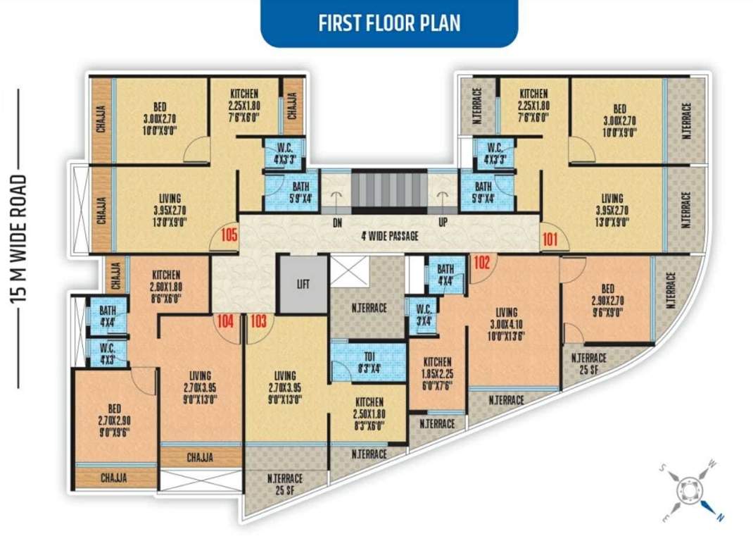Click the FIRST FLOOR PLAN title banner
tap(389, 23)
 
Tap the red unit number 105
tap(229, 235)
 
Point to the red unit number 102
tap(481, 262)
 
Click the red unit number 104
tap(225, 322)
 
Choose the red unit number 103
tap(259, 322)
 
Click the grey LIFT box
tap(303, 285)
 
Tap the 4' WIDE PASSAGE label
tap(388, 236)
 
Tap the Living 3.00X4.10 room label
tap(506, 323)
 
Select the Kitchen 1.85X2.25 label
tap(437, 373)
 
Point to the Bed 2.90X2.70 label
tap(607, 300)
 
